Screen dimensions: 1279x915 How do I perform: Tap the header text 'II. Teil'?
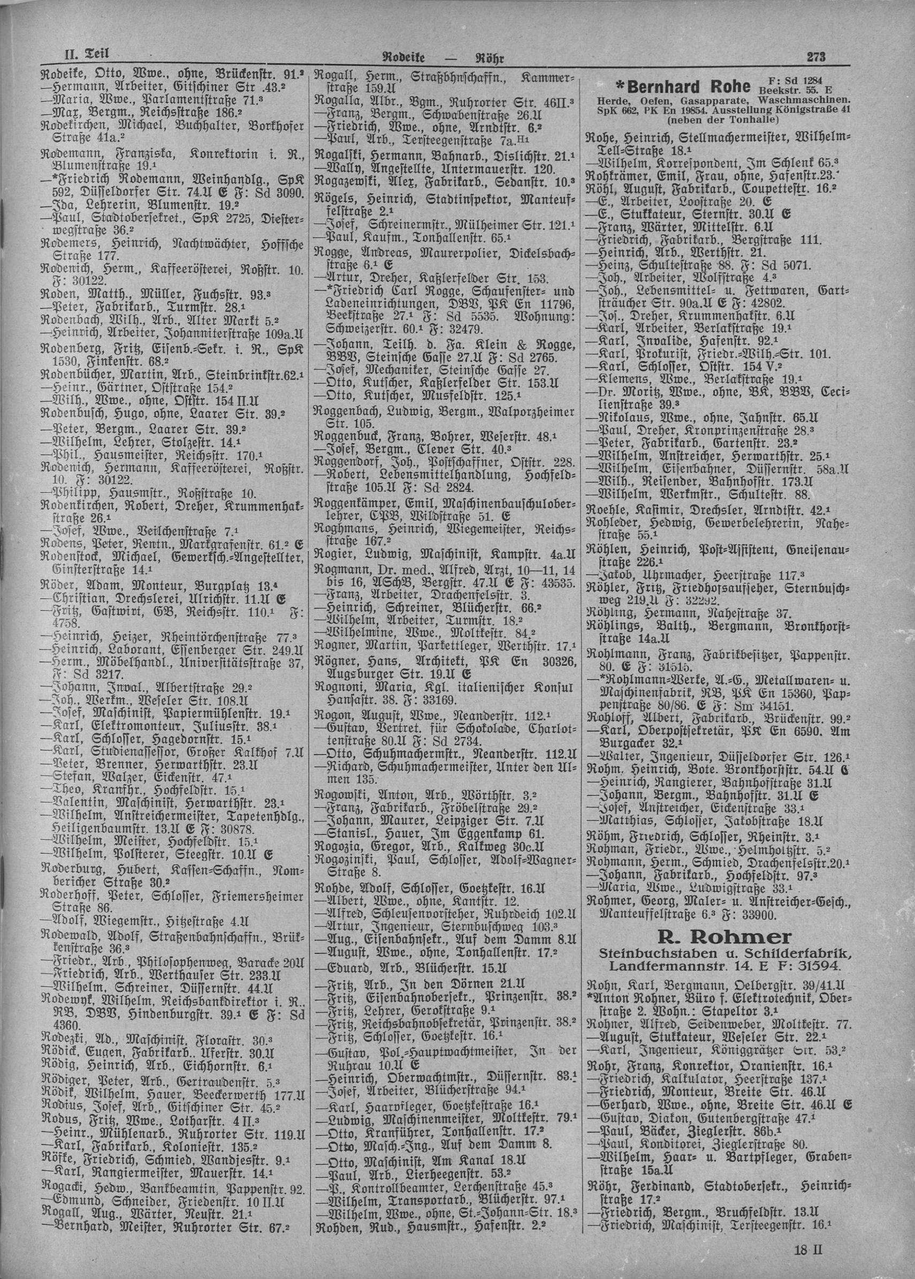click(85, 55)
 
